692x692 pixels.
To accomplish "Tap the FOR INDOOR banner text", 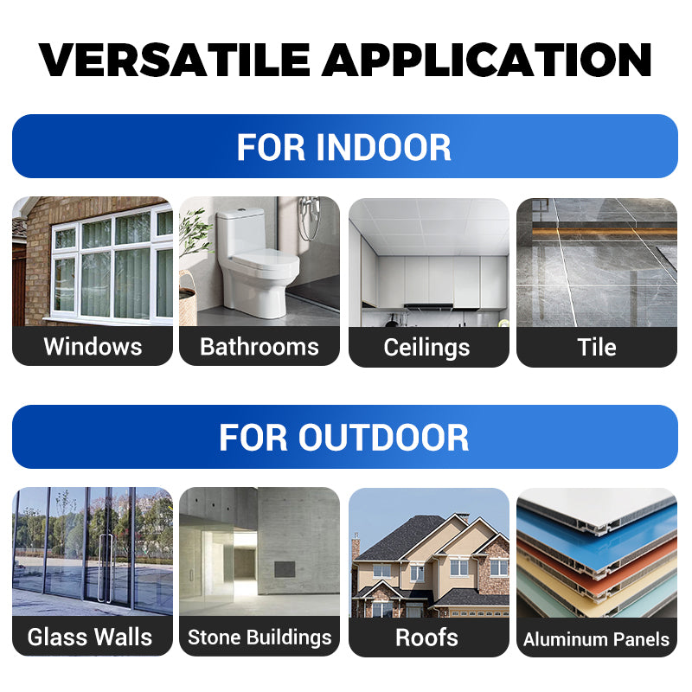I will tap(344, 147).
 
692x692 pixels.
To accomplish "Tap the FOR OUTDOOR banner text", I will tap(344, 437).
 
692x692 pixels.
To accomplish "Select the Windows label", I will tap(93, 347).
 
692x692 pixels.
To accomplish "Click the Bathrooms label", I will tap(259, 347).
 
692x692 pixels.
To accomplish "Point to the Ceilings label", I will tap(427, 348).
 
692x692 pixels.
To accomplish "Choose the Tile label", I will tap(597, 348).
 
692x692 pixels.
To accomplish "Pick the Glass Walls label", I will tap(90, 638).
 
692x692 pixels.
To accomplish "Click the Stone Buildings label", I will tap(259, 638).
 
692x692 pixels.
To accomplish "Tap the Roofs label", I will tap(427, 638).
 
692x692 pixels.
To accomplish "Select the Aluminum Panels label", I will tap(597, 640).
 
